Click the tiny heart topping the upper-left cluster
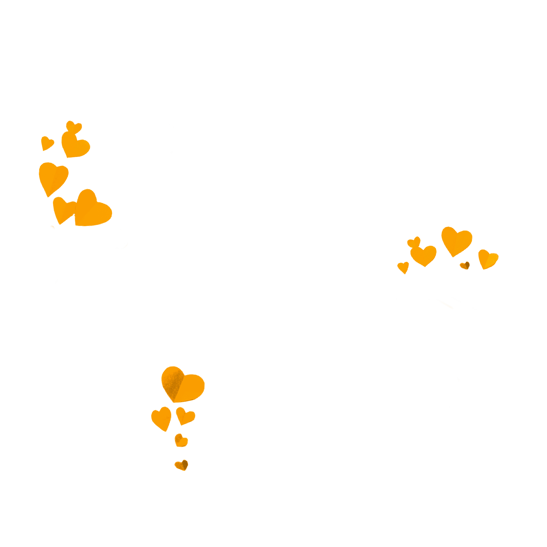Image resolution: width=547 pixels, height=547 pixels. click(x=74, y=127)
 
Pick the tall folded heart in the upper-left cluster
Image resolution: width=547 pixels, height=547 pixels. click(x=53, y=177)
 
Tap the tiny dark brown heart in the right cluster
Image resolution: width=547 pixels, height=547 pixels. click(x=465, y=265)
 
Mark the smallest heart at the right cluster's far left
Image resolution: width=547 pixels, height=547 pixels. click(x=403, y=267)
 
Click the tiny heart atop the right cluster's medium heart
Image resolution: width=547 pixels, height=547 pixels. click(x=414, y=242)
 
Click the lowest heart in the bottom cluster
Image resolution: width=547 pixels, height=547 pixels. click(x=182, y=465)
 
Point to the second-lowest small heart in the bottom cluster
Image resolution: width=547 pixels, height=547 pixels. click(x=180, y=440)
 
